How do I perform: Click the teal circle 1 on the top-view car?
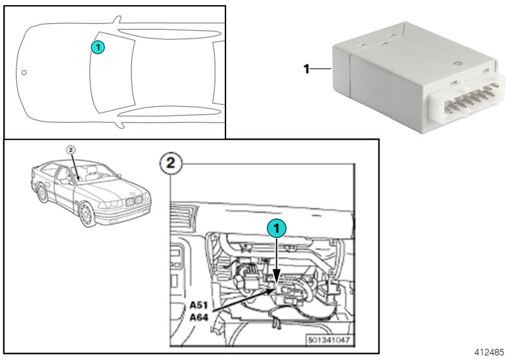pos(96,46)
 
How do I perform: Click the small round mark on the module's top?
pos(456,62)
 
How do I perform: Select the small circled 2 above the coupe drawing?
pos(72,149)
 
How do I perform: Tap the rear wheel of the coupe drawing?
pos(40,192)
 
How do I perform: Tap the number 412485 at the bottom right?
pos(490,353)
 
